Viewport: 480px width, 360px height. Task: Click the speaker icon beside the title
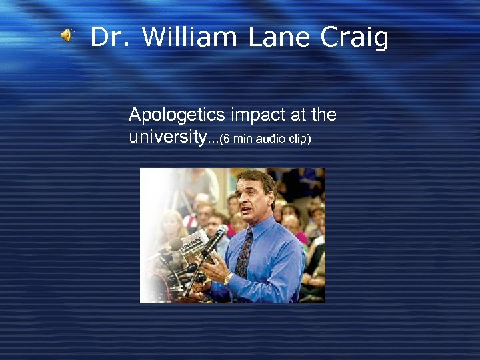tap(68, 36)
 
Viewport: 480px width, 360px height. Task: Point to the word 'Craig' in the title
tap(354, 39)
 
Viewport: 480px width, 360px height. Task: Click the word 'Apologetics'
tap(177, 116)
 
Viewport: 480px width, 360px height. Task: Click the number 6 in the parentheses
tap(227, 139)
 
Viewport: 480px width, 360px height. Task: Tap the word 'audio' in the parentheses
tap(267, 139)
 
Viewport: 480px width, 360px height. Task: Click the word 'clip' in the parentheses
tap(297, 139)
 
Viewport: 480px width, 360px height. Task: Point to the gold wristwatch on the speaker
tap(227, 279)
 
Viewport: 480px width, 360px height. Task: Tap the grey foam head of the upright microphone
tap(219, 235)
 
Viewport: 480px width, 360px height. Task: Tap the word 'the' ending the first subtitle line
tap(323, 116)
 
